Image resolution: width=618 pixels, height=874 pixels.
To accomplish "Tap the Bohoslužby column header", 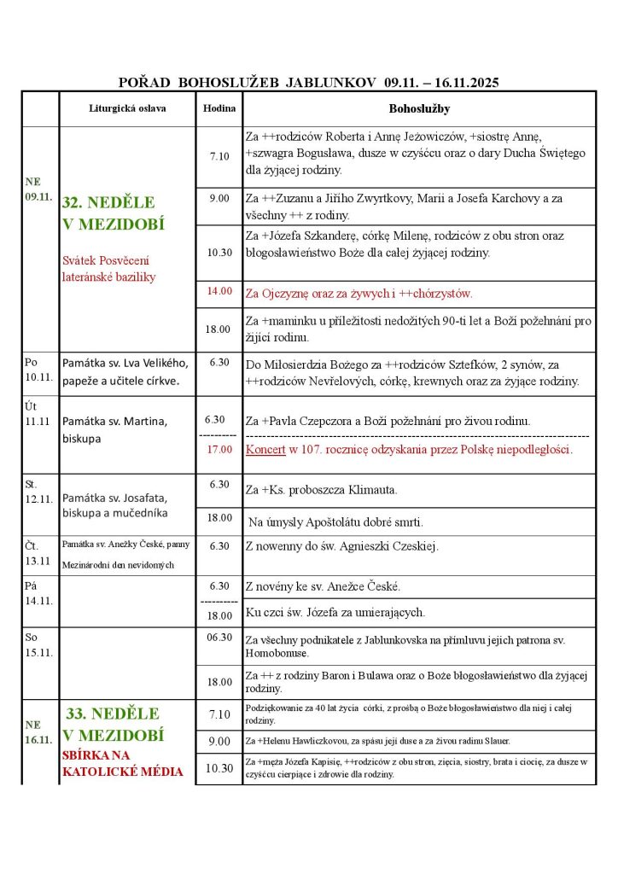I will pos(419,109).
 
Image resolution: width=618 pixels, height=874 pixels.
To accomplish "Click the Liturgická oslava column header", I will pos(127,109).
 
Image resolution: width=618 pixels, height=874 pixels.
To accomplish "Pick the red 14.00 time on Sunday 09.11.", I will pos(219,291).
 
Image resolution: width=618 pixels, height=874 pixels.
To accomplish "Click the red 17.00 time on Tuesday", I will pos(219,449).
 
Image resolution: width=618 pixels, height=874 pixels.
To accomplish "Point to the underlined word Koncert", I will pos(266,449).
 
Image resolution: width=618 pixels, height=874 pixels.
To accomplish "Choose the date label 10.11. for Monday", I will pos(40,376).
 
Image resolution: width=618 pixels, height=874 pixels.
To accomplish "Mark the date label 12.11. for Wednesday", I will pos(40,499).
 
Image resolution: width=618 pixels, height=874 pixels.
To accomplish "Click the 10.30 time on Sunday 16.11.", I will pos(219,768).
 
